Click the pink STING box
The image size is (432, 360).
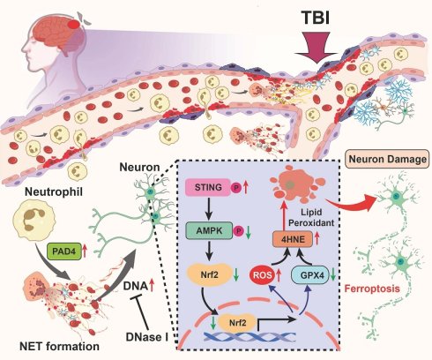[208, 187]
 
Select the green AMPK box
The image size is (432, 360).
[209, 231]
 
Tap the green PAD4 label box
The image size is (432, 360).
[64, 251]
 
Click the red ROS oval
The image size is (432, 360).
[260, 275]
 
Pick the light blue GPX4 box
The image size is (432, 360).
[309, 275]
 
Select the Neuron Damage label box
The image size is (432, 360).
[387, 159]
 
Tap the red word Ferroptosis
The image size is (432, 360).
[372, 289]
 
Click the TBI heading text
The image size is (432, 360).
[317, 18]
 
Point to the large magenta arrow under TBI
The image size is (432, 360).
[317, 48]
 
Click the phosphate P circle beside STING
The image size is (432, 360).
[235, 188]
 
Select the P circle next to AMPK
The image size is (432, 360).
[238, 231]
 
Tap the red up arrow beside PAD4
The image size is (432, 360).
[85, 251]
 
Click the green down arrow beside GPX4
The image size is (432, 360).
[333, 274]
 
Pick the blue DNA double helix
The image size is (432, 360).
[250, 337]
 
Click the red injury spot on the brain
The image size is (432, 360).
[73, 24]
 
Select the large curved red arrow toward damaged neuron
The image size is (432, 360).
[352, 203]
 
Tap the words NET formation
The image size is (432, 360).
[59, 346]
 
